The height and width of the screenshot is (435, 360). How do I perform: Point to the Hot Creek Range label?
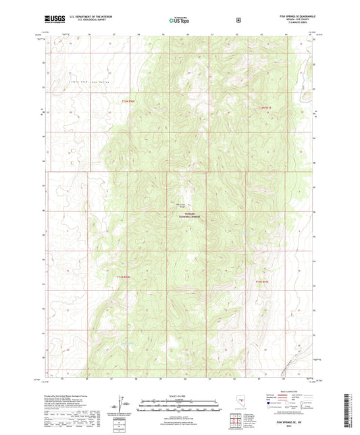point(181,205)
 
